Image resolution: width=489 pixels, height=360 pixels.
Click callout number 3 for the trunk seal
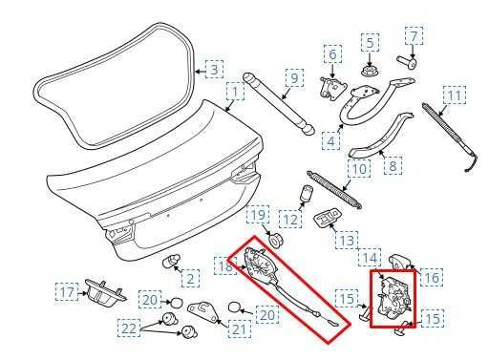click(215, 69)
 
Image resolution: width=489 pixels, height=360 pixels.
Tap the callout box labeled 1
click(232, 94)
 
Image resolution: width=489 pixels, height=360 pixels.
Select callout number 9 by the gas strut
click(294, 76)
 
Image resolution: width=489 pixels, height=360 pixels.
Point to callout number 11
click(457, 95)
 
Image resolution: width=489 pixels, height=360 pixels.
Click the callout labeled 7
click(414, 36)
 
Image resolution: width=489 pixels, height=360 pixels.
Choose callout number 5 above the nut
click(370, 42)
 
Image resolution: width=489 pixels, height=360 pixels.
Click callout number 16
click(432, 277)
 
